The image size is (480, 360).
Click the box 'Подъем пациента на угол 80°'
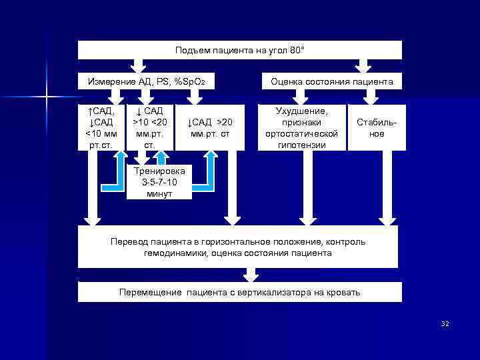(240, 50)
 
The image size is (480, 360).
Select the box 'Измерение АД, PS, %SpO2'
(147, 81)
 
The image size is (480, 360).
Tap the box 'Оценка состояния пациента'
(331, 81)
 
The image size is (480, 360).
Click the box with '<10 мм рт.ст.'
(101, 127)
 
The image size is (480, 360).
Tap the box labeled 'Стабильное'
(371, 127)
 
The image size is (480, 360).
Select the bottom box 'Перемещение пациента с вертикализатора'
(240, 292)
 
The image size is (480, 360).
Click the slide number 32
(445, 323)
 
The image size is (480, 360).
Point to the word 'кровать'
(343, 292)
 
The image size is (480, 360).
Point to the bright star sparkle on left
(47, 97)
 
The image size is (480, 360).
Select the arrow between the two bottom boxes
(251, 275)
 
